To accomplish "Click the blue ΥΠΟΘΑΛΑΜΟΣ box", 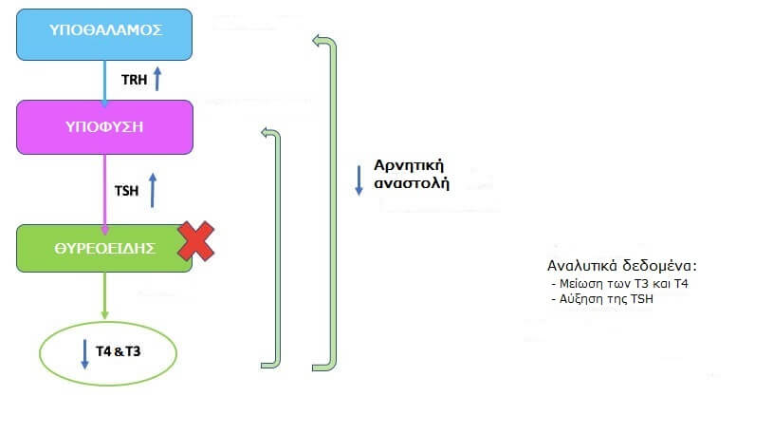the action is pos(104,34).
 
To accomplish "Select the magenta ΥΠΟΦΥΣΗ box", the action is pos(104,127).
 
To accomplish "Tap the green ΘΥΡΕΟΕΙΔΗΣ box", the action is pos(104,249).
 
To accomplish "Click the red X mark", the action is pos(195,241).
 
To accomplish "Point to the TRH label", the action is pos(134,80).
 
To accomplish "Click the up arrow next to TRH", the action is pos(157,79).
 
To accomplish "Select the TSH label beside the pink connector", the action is pos(126,191).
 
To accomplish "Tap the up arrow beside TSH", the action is pos(153,190).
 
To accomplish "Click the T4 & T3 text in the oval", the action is pos(118,351).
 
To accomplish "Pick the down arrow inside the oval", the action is pos(84,354).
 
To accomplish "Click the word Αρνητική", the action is pos(409,165).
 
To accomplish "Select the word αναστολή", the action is pos(412,183).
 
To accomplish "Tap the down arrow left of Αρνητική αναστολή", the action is pos(359,180).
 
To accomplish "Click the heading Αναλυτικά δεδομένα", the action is pos(621,266).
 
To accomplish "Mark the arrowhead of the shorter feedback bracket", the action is pos(266,133).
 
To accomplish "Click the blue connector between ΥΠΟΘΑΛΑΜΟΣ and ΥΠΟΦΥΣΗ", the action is pos(104,83).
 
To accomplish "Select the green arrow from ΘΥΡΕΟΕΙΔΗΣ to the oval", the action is pos(104,295).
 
